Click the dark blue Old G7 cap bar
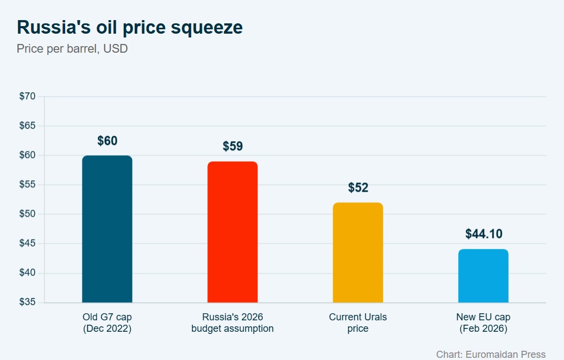pyautogui.click(x=107, y=229)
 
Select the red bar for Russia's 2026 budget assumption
pyautogui.click(x=232, y=232)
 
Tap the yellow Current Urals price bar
pyautogui.click(x=358, y=252)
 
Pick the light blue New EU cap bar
pyautogui.click(x=483, y=276)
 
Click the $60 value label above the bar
pyautogui.click(x=107, y=141)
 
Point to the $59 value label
pyautogui.click(x=232, y=147)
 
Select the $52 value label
pyautogui.click(x=358, y=188)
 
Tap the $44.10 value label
pyautogui.click(x=483, y=234)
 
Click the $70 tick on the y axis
pyautogui.click(x=27, y=97)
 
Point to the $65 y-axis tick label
pyautogui.click(x=27, y=126)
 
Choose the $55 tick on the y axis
pyautogui.click(x=27, y=185)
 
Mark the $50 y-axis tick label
pyautogui.click(x=27, y=214)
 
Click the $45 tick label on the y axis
pyautogui.click(x=27, y=243)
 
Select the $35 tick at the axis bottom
pyautogui.click(x=27, y=302)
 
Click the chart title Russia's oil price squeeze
pyautogui.click(x=130, y=27)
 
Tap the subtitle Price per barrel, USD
pyautogui.click(x=72, y=49)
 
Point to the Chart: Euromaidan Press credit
pyautogui.click(x=491, y=354)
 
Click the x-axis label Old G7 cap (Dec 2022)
pyautogui.click(x=107, y=323)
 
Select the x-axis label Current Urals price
pyautogui.click(x=358, y=323)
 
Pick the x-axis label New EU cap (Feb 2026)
pyautogui.click(x=483, y=323)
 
